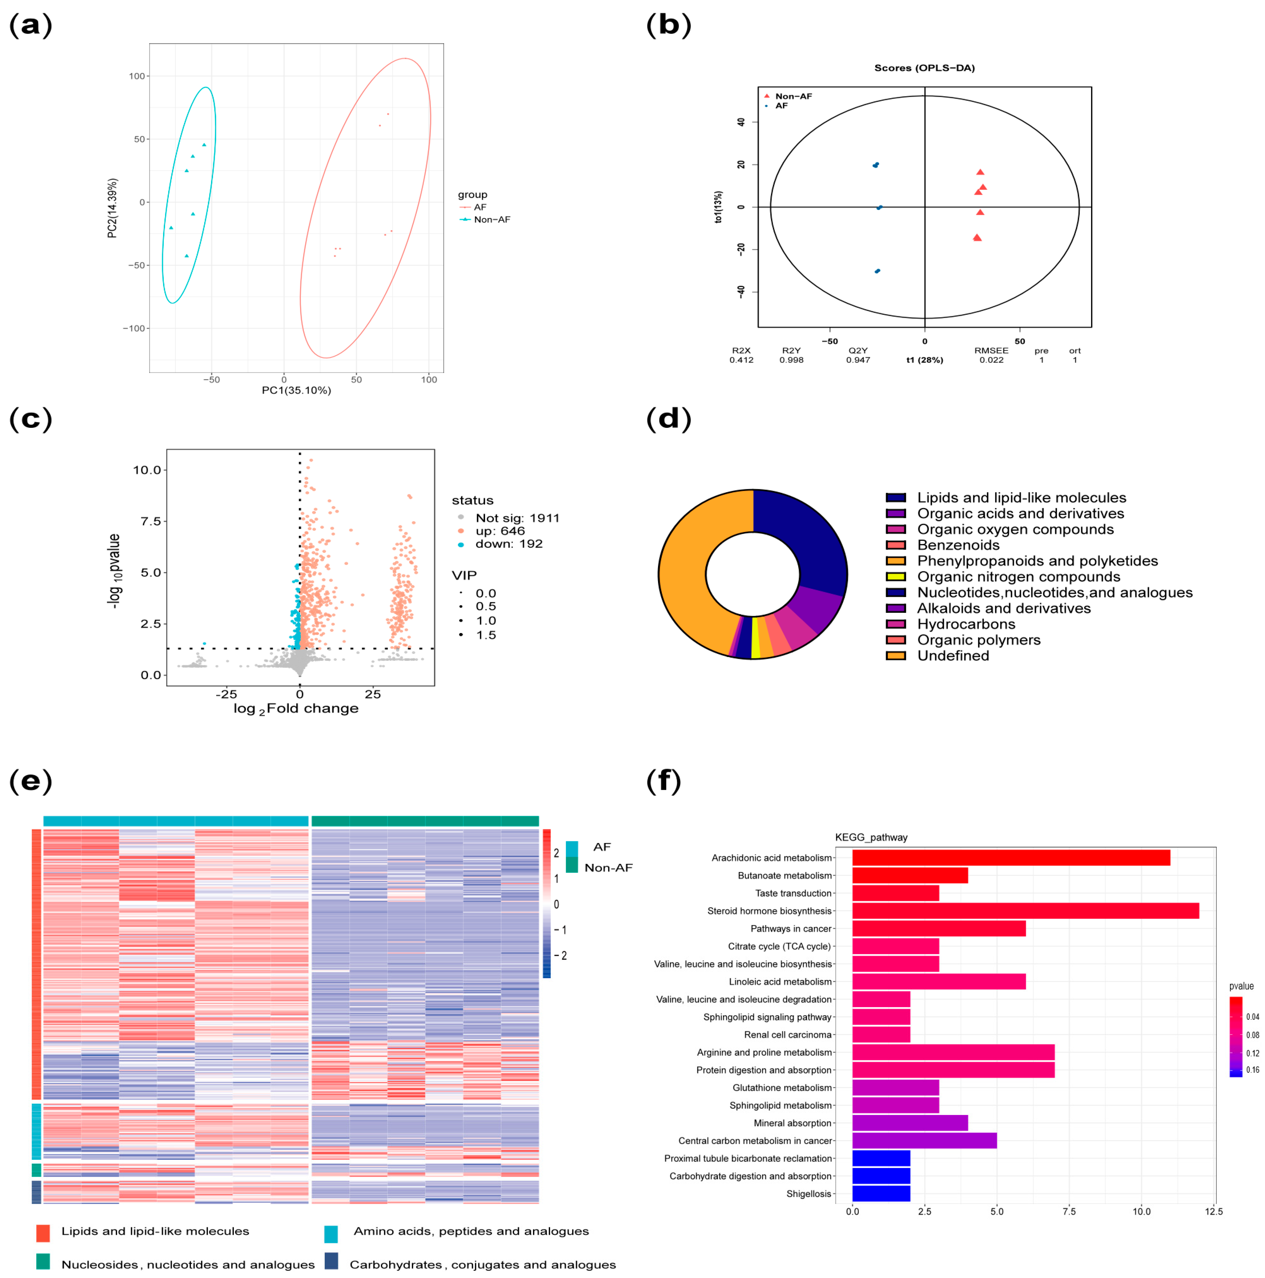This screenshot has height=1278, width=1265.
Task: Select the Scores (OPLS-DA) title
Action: (x=924, y=68)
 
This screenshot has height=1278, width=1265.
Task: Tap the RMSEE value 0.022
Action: (x=991, y=360)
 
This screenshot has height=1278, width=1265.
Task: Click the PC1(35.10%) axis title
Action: (x=296, y=390)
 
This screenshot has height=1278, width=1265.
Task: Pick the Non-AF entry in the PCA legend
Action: (x=492, y=220)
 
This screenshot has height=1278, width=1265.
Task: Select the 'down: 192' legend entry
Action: (x=508, y=544)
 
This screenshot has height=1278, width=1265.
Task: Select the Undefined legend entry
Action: (x=953, y=656)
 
